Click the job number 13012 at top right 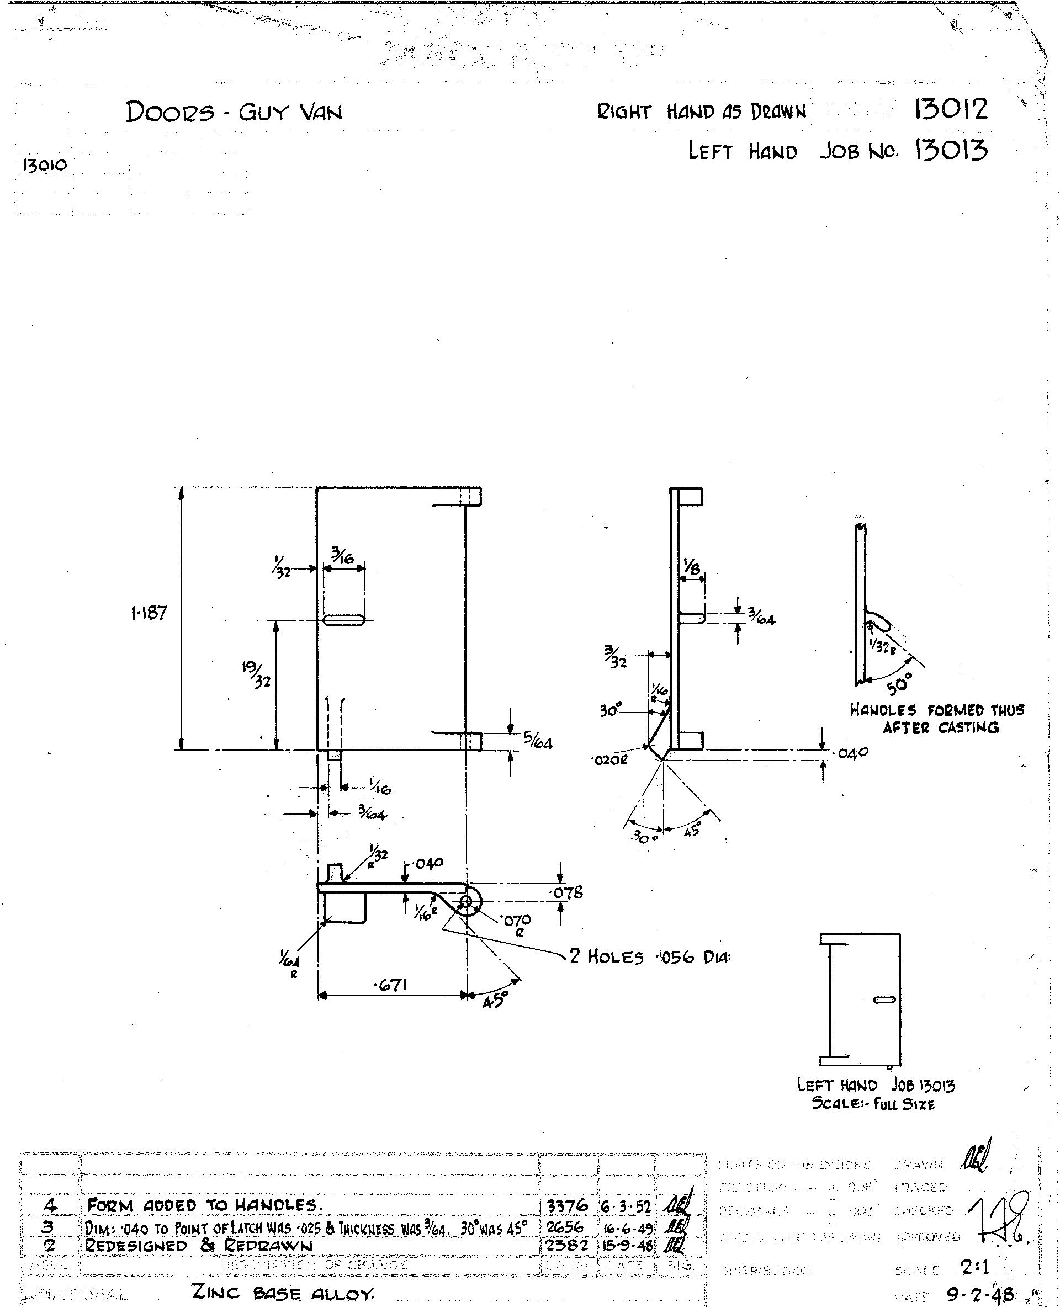[950, 110]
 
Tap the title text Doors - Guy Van [234, 111]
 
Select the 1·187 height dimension [149, 613]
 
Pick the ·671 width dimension [390, 985]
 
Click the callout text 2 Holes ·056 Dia [650, 956]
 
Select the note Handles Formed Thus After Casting [937, 719]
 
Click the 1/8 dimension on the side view [692, 568]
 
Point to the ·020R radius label [609, 761]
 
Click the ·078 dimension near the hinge [567, 893]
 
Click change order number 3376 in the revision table [567, 1205]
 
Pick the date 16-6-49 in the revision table [627, 1227]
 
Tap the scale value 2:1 [974, 1268]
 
